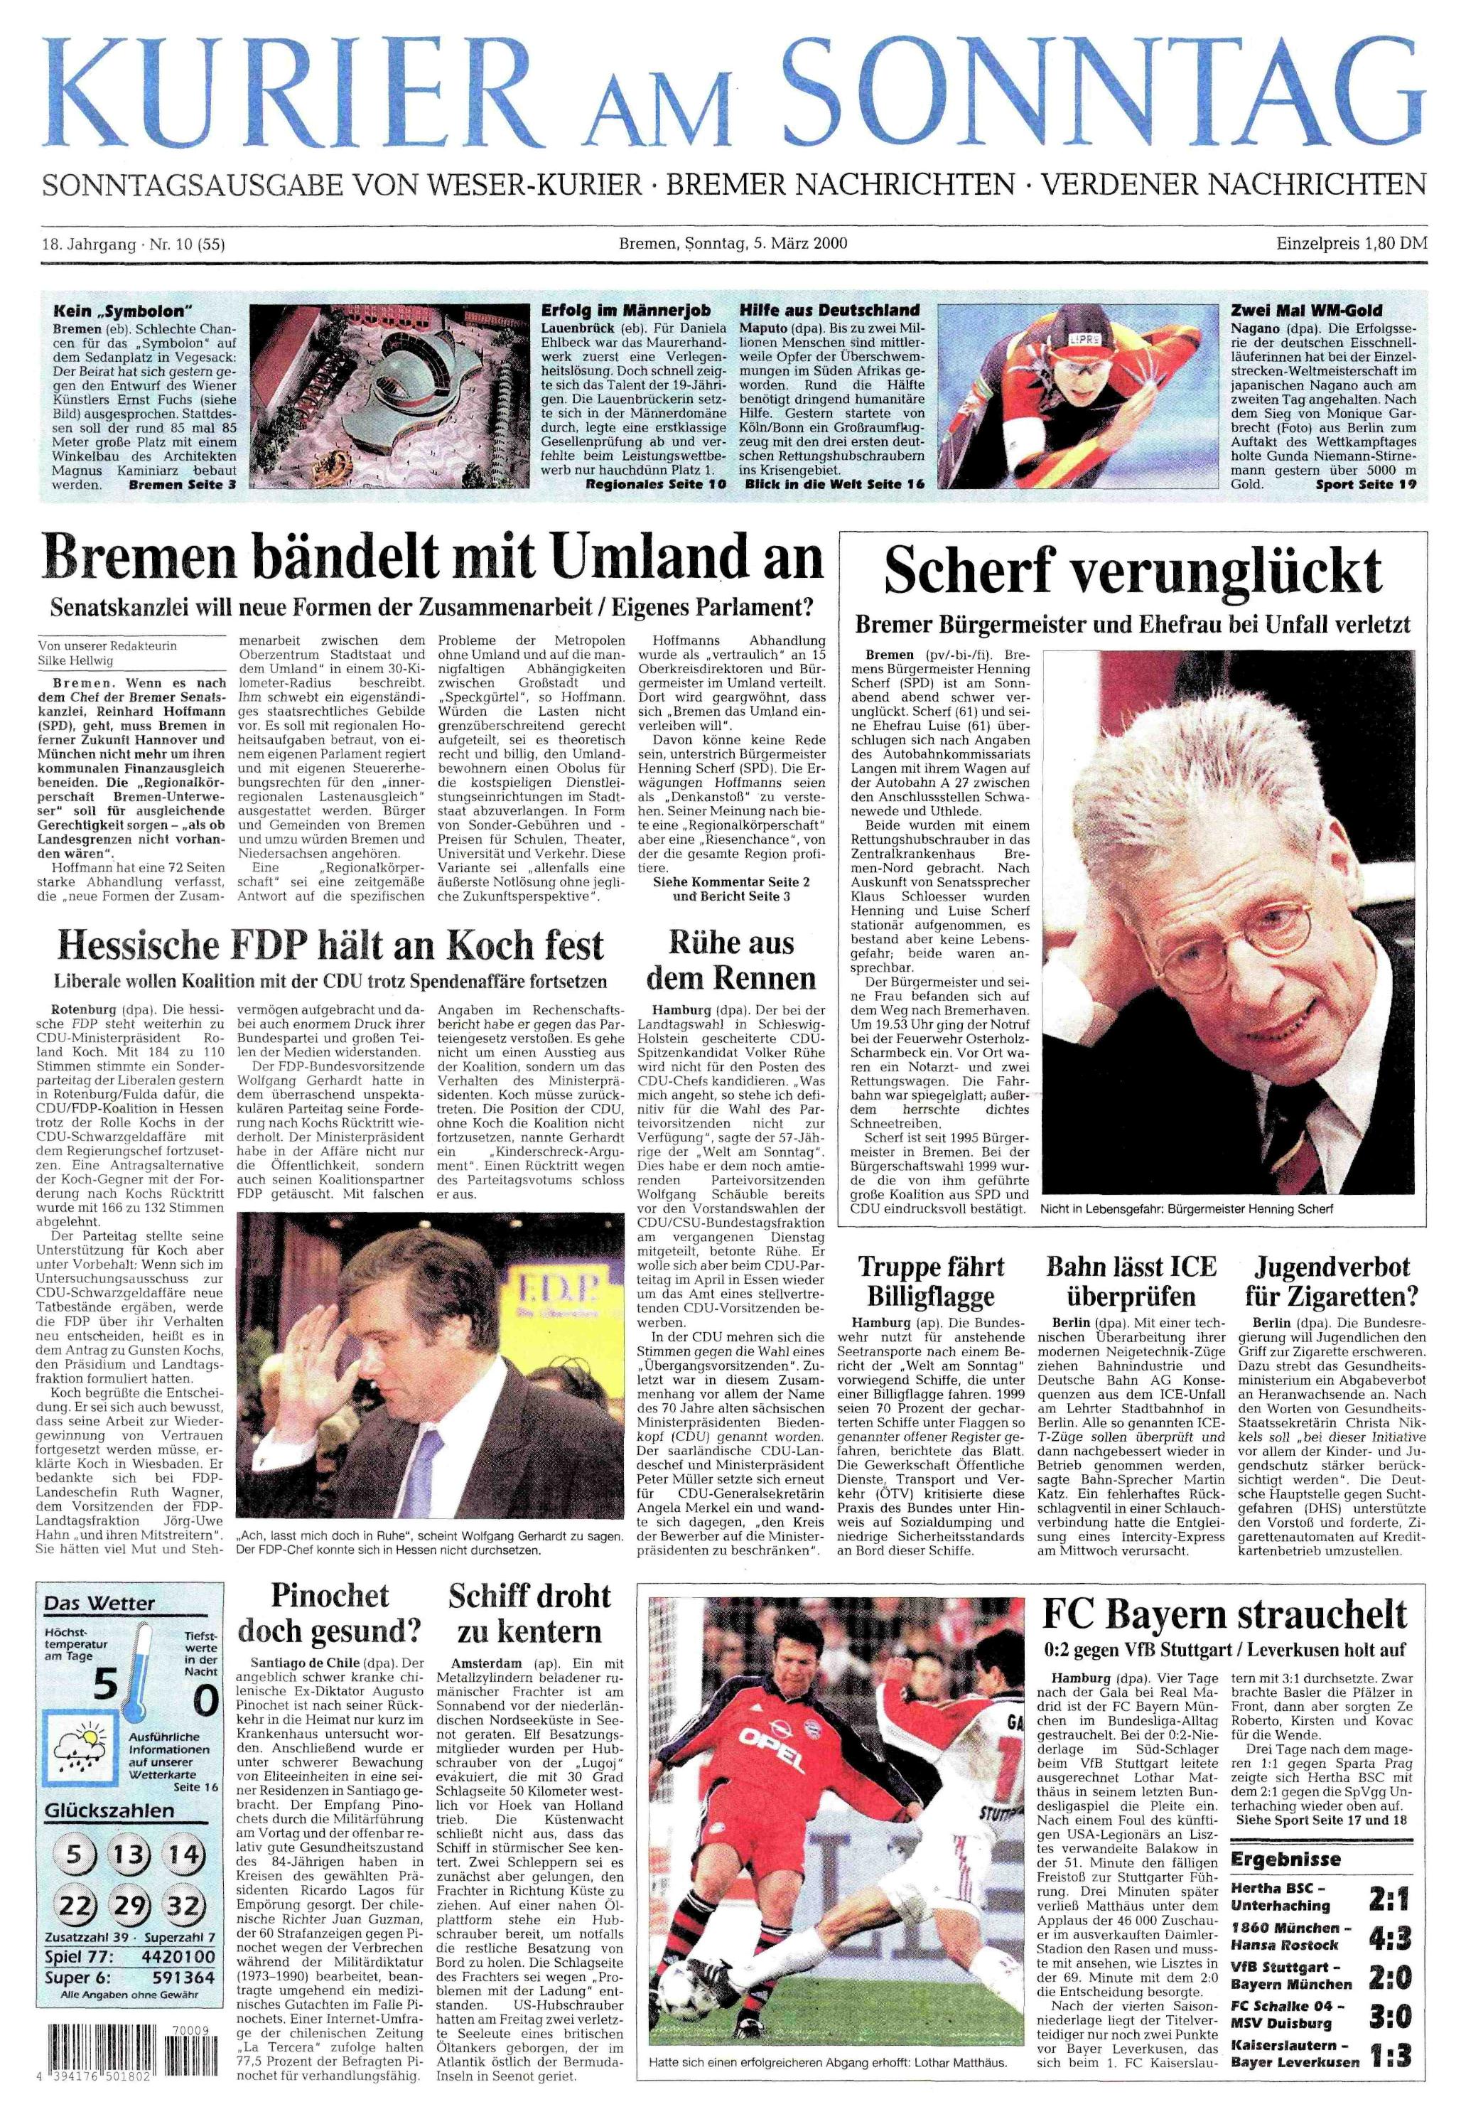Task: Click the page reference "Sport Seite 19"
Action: click(1366, 483)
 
